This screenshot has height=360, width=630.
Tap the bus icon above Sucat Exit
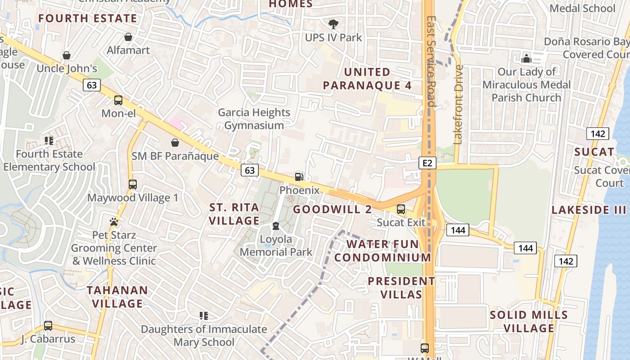coord(400,209)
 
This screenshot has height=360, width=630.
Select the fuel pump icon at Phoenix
coord(299,177)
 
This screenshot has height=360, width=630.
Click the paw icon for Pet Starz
coord(114,222)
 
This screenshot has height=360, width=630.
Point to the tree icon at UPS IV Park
coord(333,24)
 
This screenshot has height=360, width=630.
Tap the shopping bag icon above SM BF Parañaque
coord(175,143)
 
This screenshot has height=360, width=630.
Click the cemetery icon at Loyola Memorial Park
coord(276,226)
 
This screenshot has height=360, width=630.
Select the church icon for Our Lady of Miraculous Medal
coord(526,58)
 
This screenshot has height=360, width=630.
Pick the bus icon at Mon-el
coord(118,100)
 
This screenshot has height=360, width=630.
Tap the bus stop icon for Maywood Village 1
coord(132,184)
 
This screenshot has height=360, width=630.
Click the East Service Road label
coord(431,62)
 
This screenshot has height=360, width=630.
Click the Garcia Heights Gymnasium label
coord(254,119)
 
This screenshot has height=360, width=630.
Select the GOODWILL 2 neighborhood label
coord(333,209)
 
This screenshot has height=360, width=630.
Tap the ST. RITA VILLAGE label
coord(234,214)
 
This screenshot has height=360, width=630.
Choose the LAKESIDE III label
coord(589,210)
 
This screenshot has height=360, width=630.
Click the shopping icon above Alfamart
coord(128,37)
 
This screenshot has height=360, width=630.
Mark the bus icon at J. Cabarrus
coord(48,326)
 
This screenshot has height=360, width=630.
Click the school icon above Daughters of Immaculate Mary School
coord(204,316)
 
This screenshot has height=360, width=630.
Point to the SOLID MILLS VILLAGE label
coord(529,321)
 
